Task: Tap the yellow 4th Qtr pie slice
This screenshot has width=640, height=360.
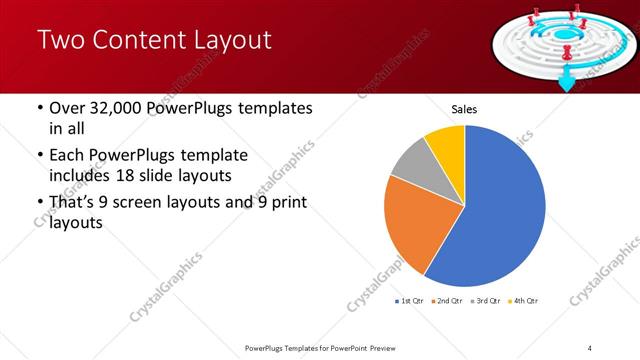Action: (x=447, y=146)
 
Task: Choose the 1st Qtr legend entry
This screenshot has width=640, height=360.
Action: (x=412, y=300)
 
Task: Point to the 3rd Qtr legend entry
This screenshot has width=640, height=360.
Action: (x=486, y=300)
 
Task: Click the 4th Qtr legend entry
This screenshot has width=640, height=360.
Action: (x=524, y=300)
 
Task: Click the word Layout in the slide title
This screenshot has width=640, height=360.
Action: (x=228, y=40)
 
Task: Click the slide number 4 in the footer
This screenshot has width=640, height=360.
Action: (x=590, y=348)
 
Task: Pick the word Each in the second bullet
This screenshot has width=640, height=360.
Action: (x=66, y=156)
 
